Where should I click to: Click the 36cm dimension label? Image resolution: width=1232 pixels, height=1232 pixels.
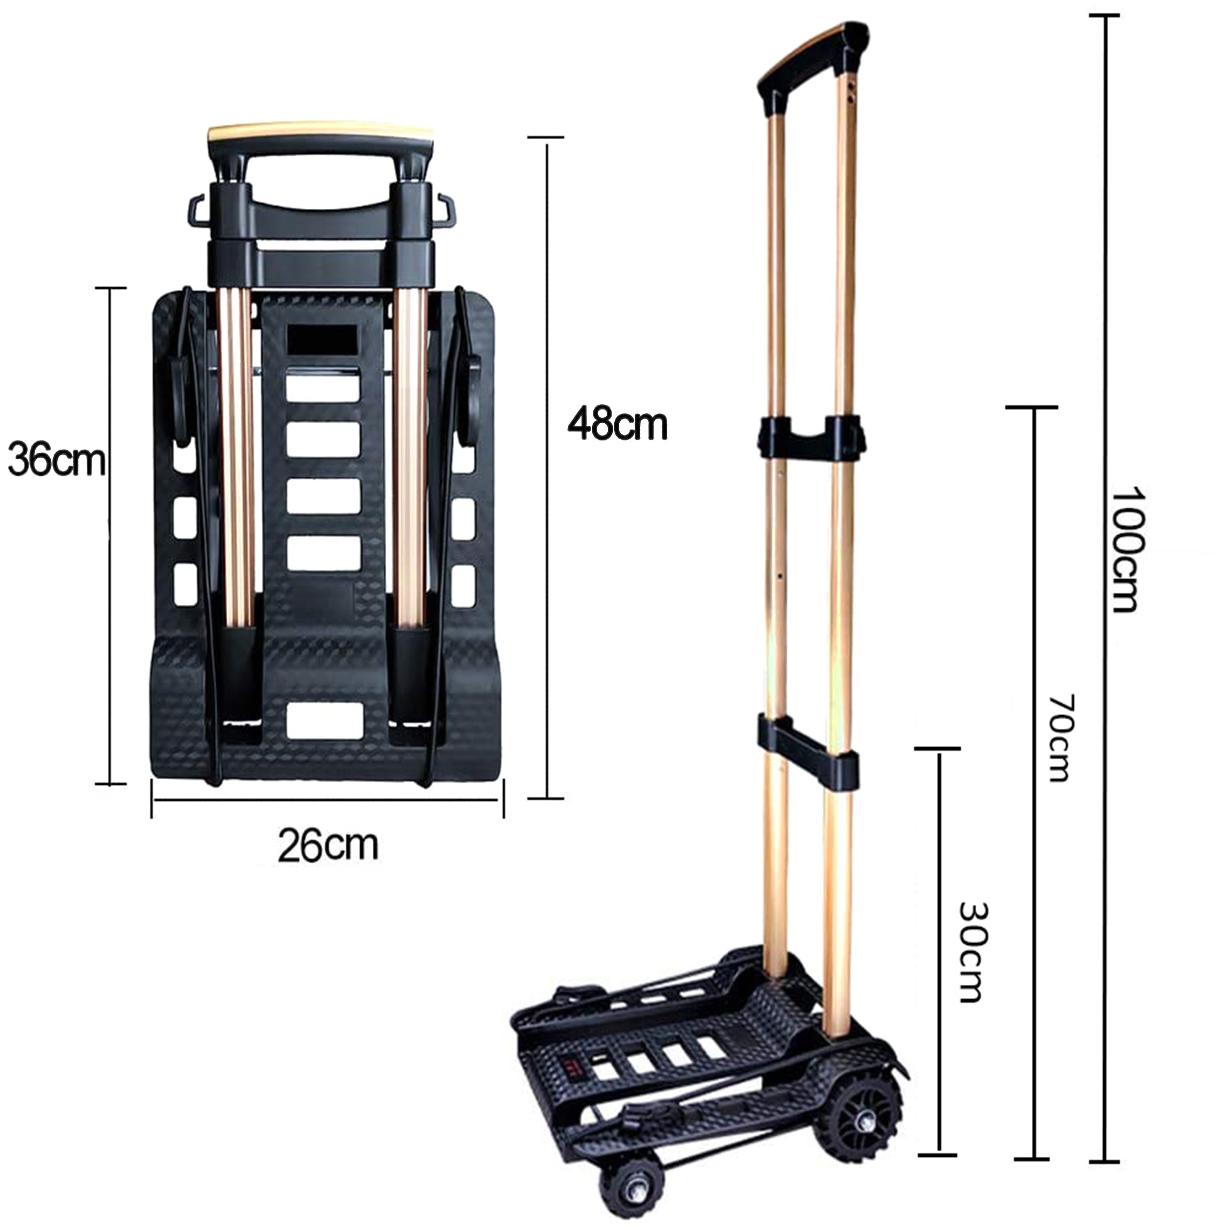pos(56,460)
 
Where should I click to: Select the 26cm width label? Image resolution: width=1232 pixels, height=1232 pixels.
pos(328,845)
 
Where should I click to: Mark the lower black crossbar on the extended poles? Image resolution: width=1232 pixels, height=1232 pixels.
pos(807,750)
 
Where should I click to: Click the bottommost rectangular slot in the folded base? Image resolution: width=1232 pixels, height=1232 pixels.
pos(325,720)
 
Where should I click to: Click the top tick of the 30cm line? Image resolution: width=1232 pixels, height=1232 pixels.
pos(938,749)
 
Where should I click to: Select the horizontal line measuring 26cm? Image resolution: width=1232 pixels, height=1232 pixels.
pos(327,800)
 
